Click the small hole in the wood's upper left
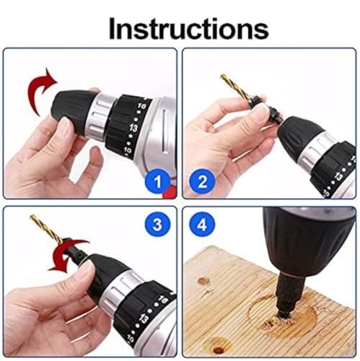(x=203, y=280)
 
